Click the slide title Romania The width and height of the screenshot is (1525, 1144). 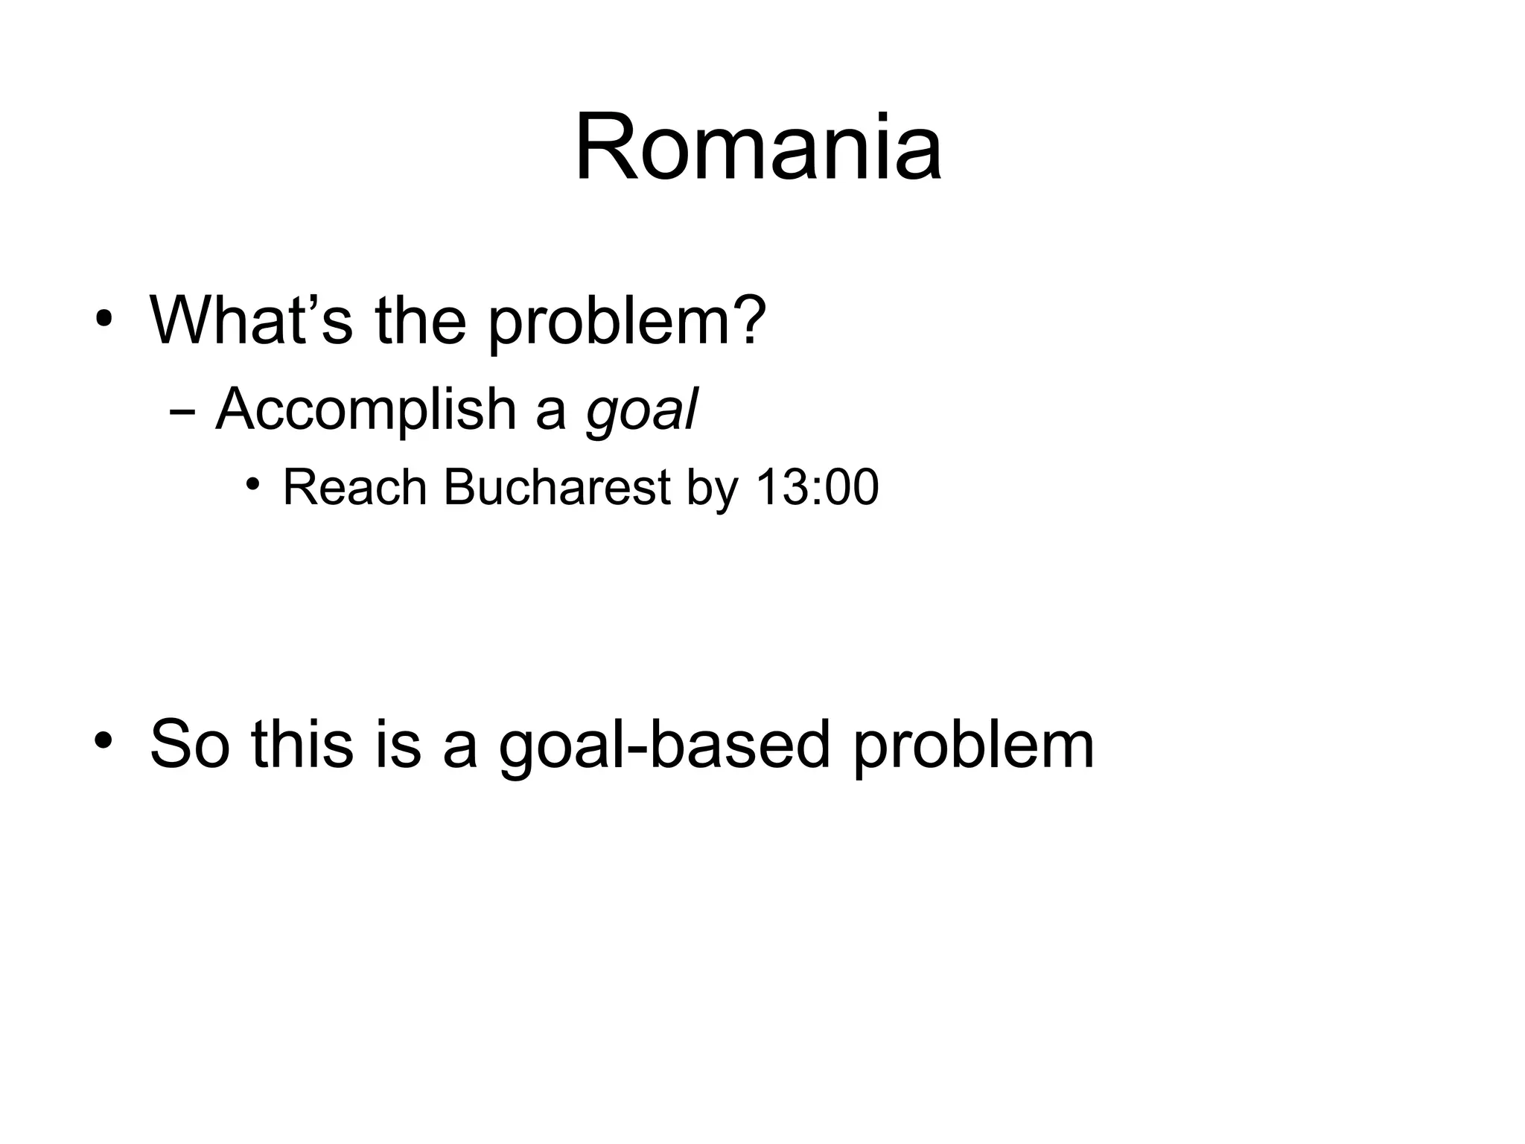pos(758,147)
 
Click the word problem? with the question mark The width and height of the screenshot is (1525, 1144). pos(627,322)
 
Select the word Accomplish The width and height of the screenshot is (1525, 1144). pos(366,410)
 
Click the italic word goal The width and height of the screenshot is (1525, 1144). pos(642,411)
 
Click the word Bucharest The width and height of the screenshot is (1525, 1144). pos(557,488)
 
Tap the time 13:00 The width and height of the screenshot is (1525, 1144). pos(817,488)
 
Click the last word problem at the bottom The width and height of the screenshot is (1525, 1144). pos(974,745)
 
